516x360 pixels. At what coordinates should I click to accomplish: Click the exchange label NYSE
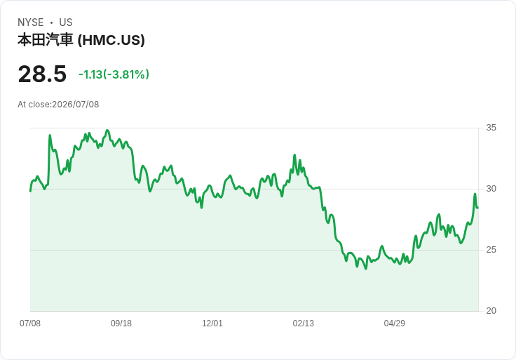point(31,22)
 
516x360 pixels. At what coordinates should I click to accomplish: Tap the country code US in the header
point(66,22)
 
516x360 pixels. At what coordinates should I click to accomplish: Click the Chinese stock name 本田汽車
point(45,40)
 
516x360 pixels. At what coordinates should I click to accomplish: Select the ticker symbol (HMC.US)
point(111,40)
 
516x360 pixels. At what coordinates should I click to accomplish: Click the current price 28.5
point(42,74)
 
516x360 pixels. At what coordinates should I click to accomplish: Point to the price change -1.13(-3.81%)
point(114,74)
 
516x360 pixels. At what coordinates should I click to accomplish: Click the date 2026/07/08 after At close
point(75,105)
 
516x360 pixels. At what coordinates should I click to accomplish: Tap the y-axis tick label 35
point(491,128)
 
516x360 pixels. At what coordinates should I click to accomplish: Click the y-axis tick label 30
point(491,189)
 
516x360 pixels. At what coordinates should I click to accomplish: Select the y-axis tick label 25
point(491,250)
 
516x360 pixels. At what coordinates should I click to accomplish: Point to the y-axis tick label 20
point(491,311)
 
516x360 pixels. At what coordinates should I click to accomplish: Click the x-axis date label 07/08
point(30,324)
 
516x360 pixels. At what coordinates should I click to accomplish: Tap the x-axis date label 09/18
point(121,324)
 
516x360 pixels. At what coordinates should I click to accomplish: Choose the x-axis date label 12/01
point(212,324)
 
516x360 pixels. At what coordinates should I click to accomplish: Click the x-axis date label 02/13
point(304,324)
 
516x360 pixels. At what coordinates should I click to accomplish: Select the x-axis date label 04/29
point(394,324)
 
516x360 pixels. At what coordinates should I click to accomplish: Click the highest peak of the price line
point(107,131)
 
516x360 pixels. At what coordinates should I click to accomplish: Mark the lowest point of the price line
point(365,269)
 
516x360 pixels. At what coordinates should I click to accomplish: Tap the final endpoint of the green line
point(477,208)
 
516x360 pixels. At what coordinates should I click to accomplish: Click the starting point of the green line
point(31,191)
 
